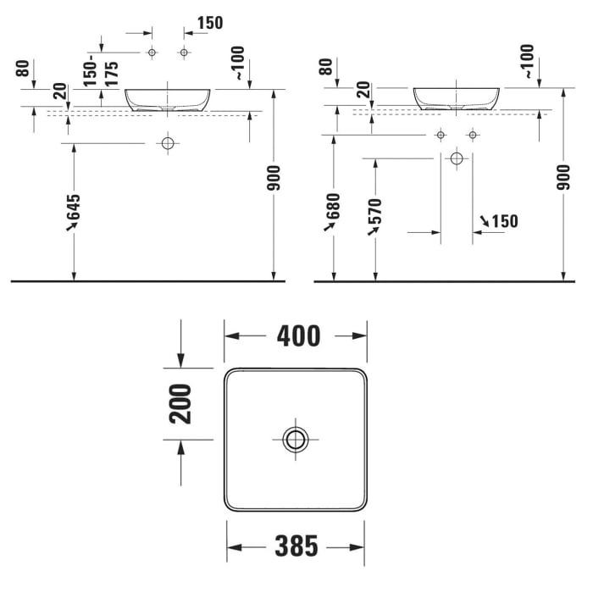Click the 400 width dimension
click(298, 336)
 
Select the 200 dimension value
click(180, 404)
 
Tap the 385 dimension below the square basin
click(296, 547)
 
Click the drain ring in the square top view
click(296, 438)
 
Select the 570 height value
click(374, 217)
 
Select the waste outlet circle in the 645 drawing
click(168, 143)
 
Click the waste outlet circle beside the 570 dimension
click(457, 158)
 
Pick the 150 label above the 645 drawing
click(209, 23)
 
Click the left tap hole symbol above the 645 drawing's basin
click(152, 53)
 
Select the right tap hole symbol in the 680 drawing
click(473, 135)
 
